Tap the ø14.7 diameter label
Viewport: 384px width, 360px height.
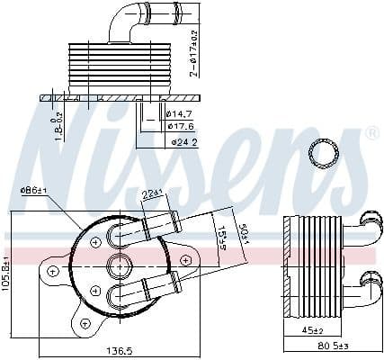(180, 113)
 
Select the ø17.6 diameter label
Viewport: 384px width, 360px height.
(180, 126)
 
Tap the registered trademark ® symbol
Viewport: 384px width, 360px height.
(371, 134)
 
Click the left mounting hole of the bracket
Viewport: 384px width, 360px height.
(54, 270)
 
